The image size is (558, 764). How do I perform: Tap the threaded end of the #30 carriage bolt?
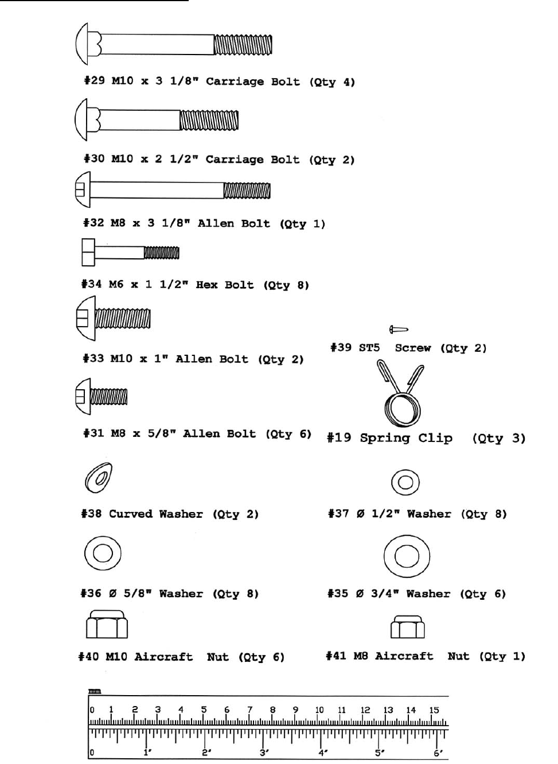pyautogui.click(x=209, y=121)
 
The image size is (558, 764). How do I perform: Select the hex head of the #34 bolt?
pyautogui.click(x=88, y=253)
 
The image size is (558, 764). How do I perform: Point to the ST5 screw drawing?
pyautogui.click(x=399, y=329)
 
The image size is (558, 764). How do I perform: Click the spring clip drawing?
pyautogui.click(x=401, y=396)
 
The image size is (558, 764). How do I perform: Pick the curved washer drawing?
pyautogui.click(x=98, y=478)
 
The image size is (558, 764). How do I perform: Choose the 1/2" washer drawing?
pyautogui.click(x=405, y=482)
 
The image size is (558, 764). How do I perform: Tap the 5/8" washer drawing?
pyautogui.click(x=102, y=553)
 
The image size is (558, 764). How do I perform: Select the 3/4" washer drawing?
pyautogui.click(x=406, y=556)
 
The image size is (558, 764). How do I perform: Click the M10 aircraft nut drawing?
pyautogui.click(x=107, y=625)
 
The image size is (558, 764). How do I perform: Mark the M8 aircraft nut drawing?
pyautogui.click(x=407, y=627)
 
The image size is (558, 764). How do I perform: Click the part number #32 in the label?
pyautogui.click(x=93, y=223)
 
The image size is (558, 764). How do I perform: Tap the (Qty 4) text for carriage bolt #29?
pyautogui.click(x=332, y=82)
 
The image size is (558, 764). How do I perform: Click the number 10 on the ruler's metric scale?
pyautogui.click(x=319, y=710)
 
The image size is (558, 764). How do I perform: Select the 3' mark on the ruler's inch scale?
pyautogui.click(x=264, y=753)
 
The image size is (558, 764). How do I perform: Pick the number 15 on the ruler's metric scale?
pyautogui.click(x=434, y=710)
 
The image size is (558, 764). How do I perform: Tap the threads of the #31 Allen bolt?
pyautogui.click(x=109, y=396)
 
